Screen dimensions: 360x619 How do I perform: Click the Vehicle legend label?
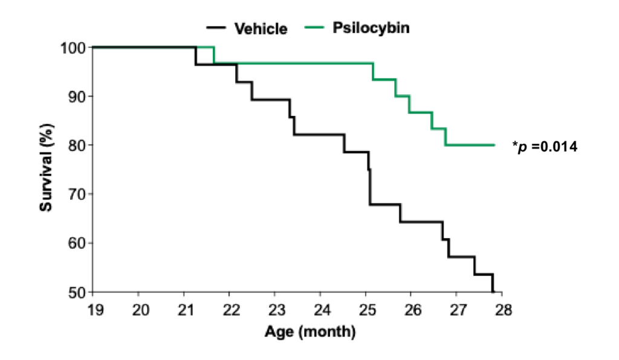pos(261,29)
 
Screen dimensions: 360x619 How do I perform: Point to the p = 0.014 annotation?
pos(545,146)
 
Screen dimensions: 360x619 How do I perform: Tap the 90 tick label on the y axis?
pos(78,97)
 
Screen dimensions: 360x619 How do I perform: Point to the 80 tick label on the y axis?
pos(78,146)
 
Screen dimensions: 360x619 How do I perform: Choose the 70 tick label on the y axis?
pos(78,194)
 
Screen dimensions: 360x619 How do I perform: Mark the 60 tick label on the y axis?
pos(78,243)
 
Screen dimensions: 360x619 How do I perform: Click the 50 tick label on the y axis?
pos(78,292)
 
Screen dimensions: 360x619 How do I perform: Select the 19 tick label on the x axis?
pos(95,310)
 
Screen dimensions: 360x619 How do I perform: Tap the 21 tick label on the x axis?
pos(186,310)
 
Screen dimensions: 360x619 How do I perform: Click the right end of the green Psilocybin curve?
pos(494,145)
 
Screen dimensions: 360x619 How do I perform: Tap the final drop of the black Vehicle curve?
pos(493,284)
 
